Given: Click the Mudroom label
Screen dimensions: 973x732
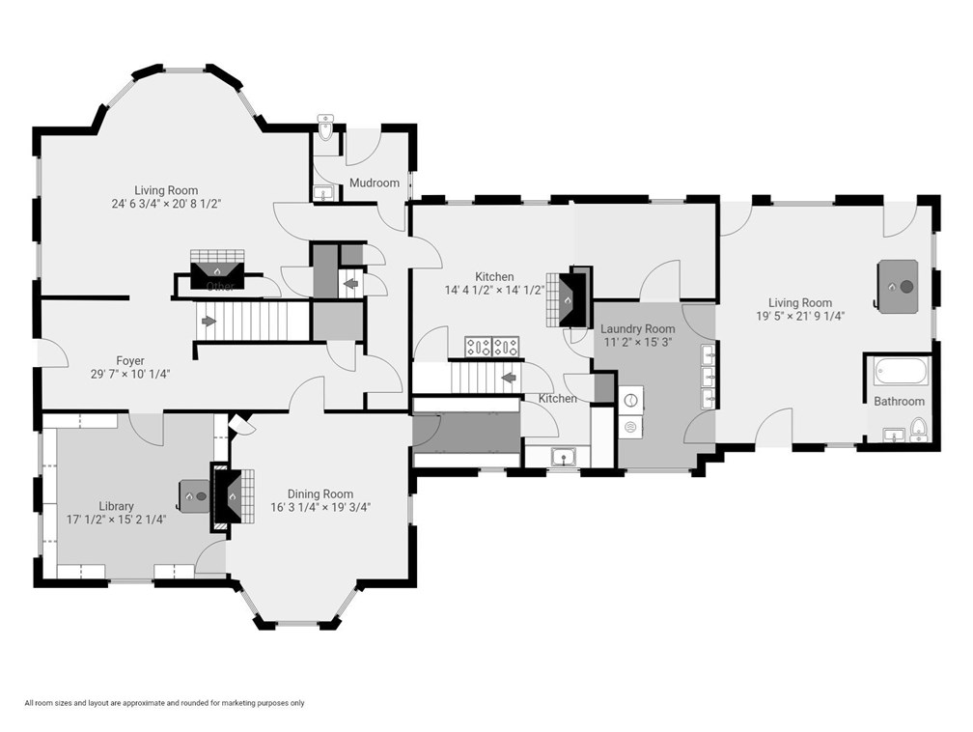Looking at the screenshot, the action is click(375, 183).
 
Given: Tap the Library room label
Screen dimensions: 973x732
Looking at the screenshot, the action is click(116, 506).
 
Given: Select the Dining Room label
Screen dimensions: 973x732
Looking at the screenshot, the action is click(320, 493).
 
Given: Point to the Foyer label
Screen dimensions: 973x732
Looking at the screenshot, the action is click(130, 360).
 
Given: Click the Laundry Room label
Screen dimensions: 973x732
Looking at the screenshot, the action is click(637, 328).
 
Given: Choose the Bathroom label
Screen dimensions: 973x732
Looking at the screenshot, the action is click(900, 401).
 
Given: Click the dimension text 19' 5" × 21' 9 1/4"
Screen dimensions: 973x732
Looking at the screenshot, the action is click(800, 316).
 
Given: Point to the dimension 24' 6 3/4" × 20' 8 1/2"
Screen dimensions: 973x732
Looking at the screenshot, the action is click(166, 204).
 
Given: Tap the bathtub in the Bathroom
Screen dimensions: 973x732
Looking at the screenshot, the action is click(902, 372).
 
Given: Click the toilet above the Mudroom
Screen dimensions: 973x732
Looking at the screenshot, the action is click(325, 127).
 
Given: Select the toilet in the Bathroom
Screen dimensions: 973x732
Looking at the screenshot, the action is click(918, 430).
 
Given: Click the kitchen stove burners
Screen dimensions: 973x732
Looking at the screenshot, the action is click(492, 347).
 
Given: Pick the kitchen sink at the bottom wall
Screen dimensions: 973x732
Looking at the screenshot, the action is click(564, 457).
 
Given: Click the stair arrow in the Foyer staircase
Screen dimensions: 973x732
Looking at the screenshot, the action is click(209, 321).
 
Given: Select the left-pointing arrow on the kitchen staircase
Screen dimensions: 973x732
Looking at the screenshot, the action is click(508, 377).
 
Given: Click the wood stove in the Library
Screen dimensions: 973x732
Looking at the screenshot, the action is click(194, 496).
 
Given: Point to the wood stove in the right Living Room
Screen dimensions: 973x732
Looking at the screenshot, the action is click(897, 286).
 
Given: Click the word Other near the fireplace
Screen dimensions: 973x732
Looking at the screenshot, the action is click(220, 286).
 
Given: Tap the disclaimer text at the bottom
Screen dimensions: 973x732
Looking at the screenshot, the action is click(164, 703).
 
